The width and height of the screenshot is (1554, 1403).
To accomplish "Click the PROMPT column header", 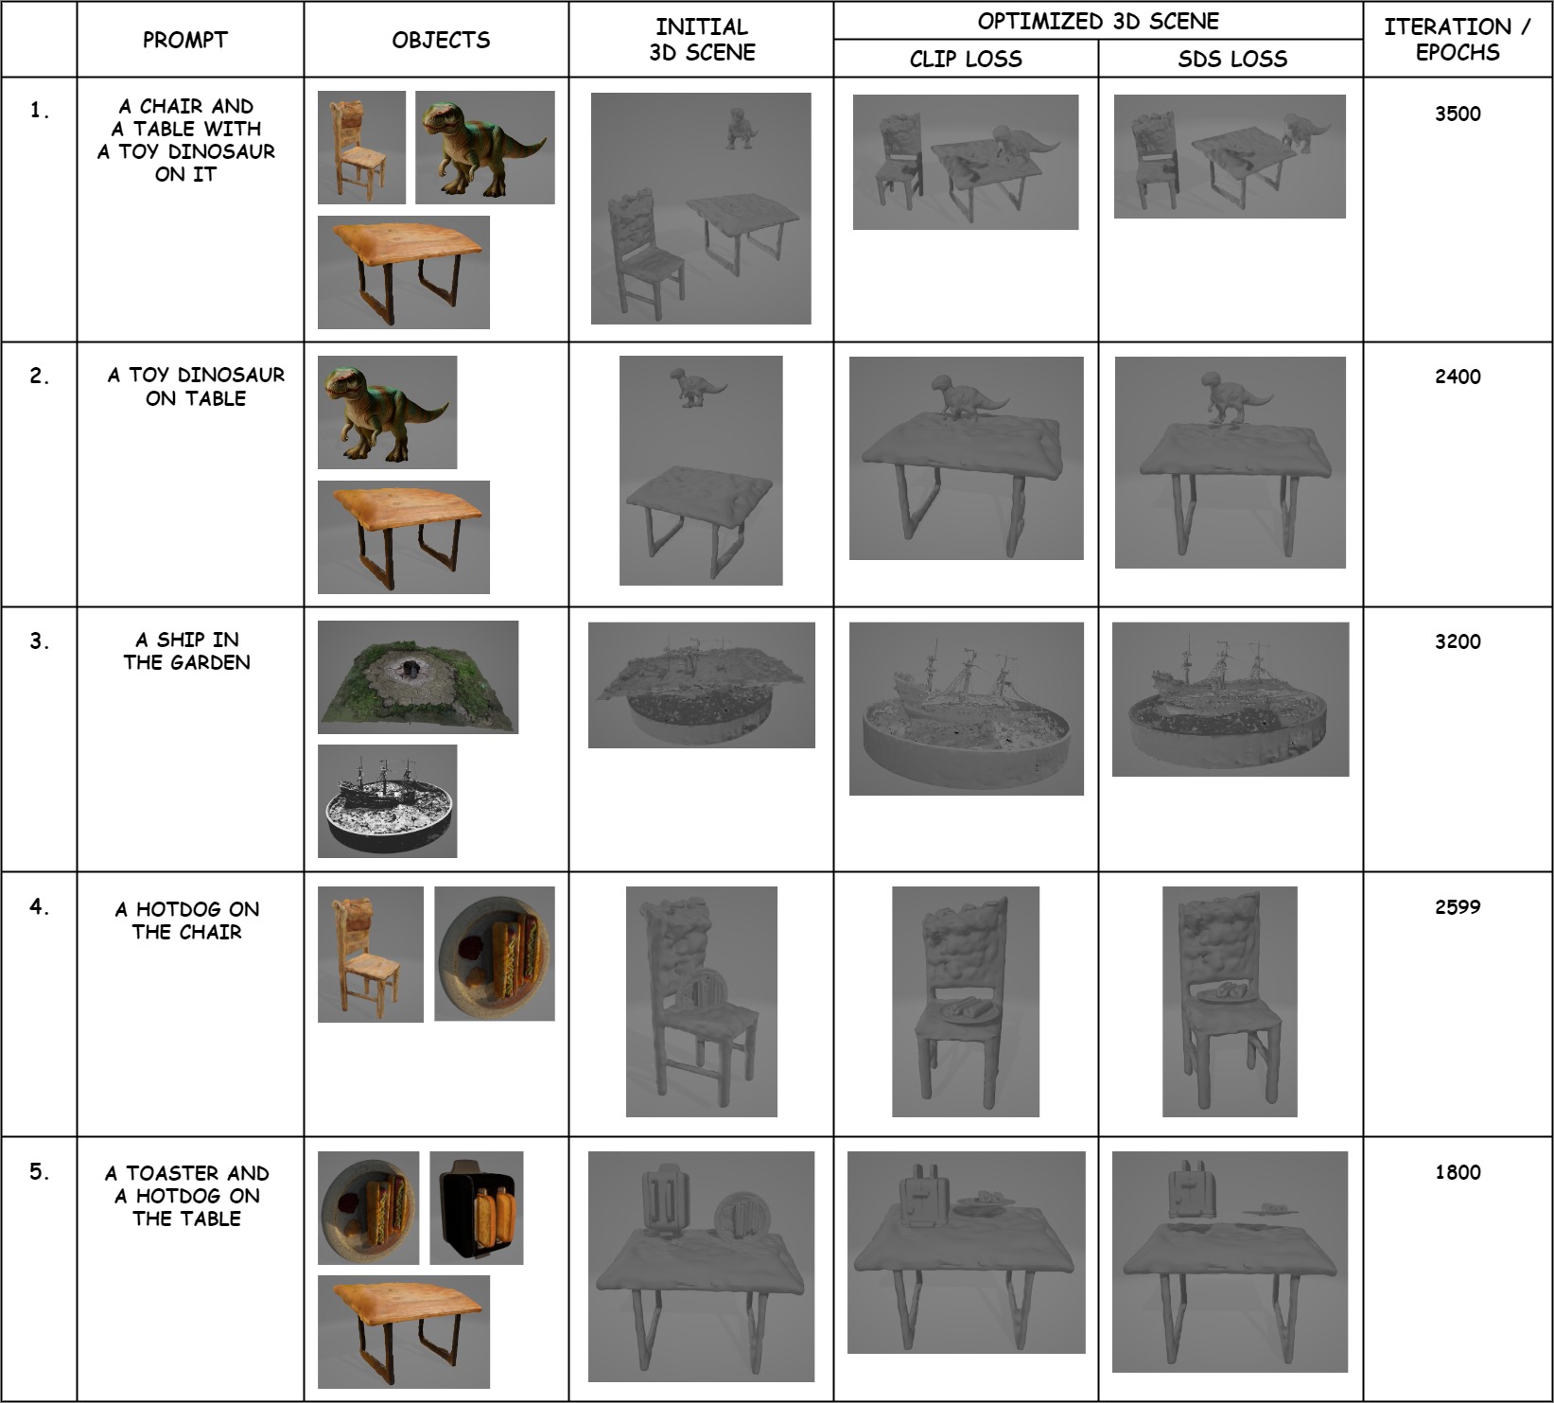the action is point(185,40).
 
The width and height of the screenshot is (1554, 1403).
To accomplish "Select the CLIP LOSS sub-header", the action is point(966,60).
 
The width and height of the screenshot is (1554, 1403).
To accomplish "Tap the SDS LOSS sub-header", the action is point(1232,60).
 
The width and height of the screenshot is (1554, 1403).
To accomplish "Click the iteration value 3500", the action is point(1458,114).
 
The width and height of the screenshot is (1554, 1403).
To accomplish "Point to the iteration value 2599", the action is point(1458,906).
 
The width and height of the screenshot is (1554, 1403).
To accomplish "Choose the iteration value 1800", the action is point(1458,1172).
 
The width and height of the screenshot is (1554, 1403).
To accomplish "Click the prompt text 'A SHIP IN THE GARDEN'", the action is point(186,651).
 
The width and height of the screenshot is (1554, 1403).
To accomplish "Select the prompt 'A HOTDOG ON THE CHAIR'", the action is point(186,921).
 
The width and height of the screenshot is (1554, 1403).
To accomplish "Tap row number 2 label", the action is point(39,376).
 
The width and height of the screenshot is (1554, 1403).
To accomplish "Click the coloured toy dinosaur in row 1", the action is point(484,147).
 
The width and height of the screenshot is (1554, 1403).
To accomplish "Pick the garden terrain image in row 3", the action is point(418,677).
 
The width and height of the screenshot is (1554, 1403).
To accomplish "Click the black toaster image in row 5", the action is point(477,1208).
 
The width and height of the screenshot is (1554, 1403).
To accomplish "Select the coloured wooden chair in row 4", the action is point(371,955).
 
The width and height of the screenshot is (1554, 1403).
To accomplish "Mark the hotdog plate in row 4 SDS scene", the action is point(1227,993).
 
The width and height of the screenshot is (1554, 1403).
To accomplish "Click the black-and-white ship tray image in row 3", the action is point(388,801).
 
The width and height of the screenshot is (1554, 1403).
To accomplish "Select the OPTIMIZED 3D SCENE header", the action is point(1098,21).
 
